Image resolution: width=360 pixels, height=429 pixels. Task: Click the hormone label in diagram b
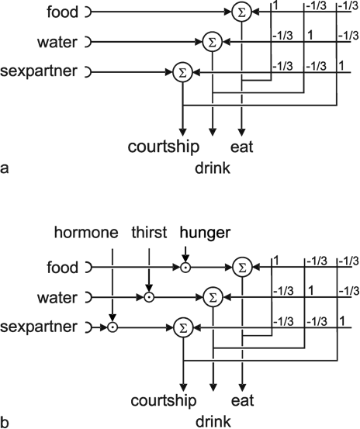pos(86,233)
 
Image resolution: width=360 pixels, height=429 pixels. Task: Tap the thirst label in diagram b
pos(149,233)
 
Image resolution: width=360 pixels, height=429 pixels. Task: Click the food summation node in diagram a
pos(241,12)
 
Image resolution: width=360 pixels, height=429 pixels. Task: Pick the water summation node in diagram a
pos(213,43)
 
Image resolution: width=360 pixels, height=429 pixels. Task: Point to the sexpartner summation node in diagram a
pos(183,72)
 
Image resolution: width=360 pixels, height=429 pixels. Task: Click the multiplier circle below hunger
pos(185,268)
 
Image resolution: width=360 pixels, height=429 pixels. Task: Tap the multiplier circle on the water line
pos(149,297)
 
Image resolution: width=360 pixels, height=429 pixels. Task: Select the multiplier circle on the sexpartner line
pos(112,327)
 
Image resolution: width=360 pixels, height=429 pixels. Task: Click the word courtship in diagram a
pos(164,147)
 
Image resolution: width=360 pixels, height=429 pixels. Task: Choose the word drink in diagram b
pos(213,421)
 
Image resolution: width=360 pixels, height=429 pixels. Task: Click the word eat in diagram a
pos(242,147)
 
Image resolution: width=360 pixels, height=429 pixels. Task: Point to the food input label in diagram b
pos(63,267)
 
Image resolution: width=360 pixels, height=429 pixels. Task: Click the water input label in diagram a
pos(57,43)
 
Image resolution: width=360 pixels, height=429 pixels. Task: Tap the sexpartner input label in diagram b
pos(39,327)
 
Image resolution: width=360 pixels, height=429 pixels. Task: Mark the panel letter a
pos(4,168)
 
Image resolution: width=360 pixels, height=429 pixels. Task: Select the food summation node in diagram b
pos(242,268)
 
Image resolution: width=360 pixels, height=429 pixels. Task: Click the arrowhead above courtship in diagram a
pos(183,132)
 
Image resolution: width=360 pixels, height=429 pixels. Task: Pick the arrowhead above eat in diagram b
pos(242,387)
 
